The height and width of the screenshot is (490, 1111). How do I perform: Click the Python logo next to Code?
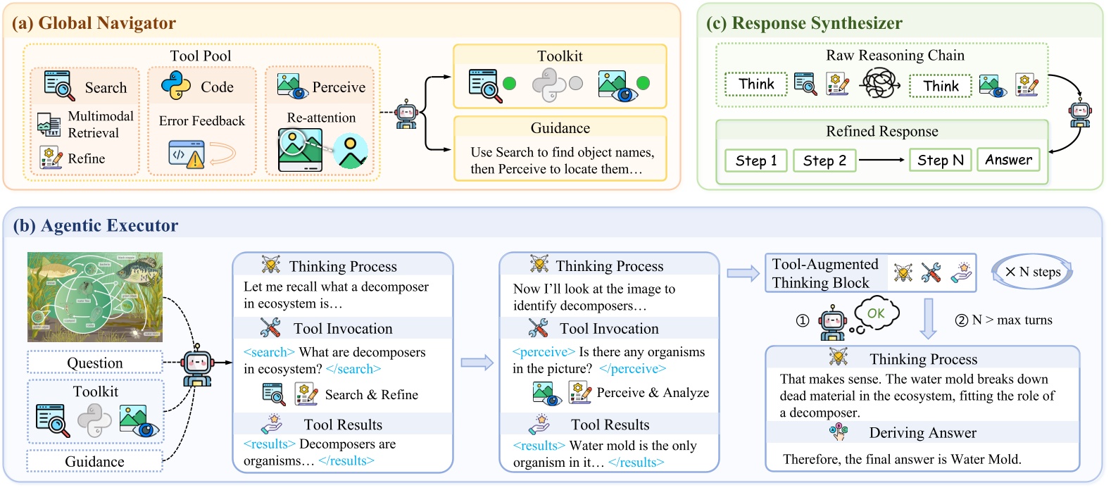tap(176, 85)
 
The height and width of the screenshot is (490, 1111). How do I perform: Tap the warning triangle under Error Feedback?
tap(195, 160)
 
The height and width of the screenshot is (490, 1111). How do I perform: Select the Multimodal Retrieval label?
tap(100, 125)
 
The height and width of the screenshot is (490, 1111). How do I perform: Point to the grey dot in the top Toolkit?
tap(576, 84)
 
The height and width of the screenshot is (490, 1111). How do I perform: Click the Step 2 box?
tap(824, 161)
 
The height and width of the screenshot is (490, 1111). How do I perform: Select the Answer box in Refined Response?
tap(1008, 160)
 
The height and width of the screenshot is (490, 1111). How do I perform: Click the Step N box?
tap(940, 161)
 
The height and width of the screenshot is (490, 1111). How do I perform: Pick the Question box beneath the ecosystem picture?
tap(95, 363)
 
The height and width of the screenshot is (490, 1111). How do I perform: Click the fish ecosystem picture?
tap(95, 297)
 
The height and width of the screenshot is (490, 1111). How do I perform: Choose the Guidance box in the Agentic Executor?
tap(95, 461)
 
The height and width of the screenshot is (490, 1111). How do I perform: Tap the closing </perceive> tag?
tap(632, 368)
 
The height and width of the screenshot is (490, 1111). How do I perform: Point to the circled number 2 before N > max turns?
tap(961, 320)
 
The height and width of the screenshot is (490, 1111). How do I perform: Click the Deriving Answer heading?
tap(922, 432)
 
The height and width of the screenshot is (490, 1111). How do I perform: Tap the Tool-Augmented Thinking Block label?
tap(825, 273)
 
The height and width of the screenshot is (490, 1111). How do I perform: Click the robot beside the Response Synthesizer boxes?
tap(1080, 113)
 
